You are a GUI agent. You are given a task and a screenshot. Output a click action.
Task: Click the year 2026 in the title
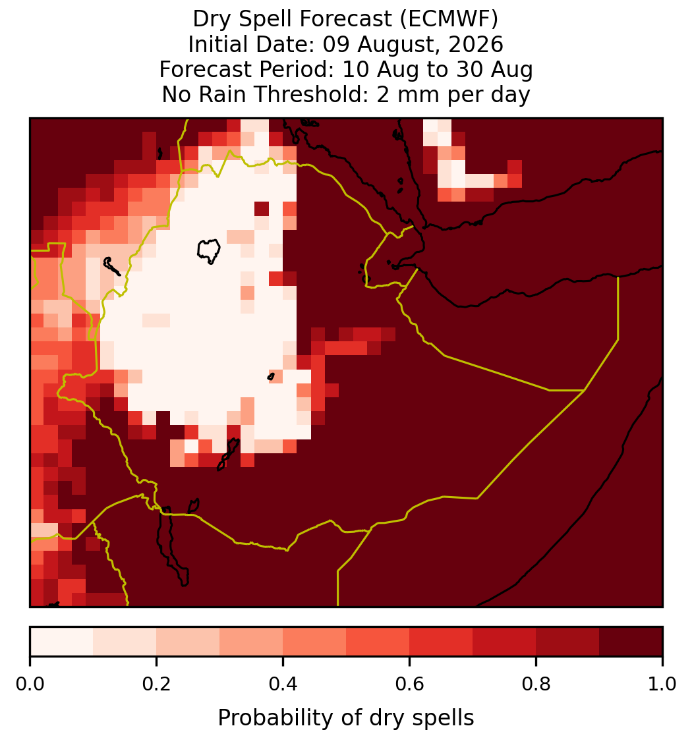(x=476, y=44)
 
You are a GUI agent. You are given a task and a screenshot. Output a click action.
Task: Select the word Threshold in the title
(x=318, y=94)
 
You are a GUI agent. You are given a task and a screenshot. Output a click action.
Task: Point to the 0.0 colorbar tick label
(x=30, y=685)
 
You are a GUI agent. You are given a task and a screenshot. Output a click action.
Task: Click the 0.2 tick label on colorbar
(x=156, y=685)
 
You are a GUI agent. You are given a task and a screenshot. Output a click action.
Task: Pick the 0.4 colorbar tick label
(x=283, y=685)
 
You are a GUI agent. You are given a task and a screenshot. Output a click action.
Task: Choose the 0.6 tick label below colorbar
(x=410, y=685)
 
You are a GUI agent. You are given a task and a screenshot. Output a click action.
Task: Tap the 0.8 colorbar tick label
(x=536, y=685)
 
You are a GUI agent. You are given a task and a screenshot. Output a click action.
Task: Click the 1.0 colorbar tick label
(x=662, y=685)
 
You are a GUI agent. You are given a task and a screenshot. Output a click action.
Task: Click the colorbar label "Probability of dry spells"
(x=346, y=718)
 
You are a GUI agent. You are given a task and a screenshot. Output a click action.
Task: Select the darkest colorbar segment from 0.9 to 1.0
(x=631, y=642)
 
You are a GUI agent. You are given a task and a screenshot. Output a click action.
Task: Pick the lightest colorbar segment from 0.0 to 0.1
(x=62, y=642)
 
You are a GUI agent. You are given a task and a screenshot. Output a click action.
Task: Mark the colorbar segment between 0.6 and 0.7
(x=441, y=642)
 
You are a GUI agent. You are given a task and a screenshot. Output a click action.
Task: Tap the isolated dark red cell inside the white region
(x=262, y=209)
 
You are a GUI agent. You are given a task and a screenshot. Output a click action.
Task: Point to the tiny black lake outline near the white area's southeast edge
(x=271, y=377)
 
